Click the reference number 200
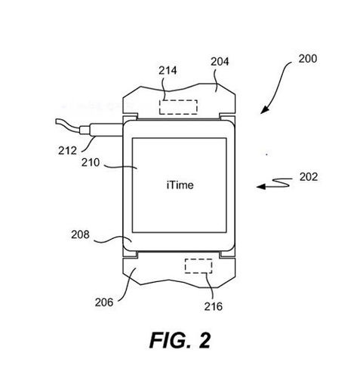pyautogui.click(x=307, y=59)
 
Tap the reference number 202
pyautogui.click(x=309, y=177)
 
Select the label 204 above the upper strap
pyautogui.click(x=220, y=62)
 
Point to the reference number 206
pyautogui.click(x=104, y=302)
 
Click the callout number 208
pyautogui.click(x=80, y=234)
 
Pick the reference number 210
pyautogui.click(x=91, y=163)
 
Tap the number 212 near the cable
pyautogui.click(x=67, y=151)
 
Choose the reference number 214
pyautogui.click(x=168, y=71)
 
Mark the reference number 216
pyautogui.click(x=214, y=306)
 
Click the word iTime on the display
pyautogui.click(x=180, y=185)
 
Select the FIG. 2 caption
pyautogui.click(x=180, y=340)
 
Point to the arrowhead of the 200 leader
pyautogui.click(x=264, y=110)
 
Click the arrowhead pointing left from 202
pyautogui.click(x=261, y=186)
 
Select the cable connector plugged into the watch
pyautogui.click(x=101, y=130)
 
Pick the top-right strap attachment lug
pyautogui.click(x=227, y=118)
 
